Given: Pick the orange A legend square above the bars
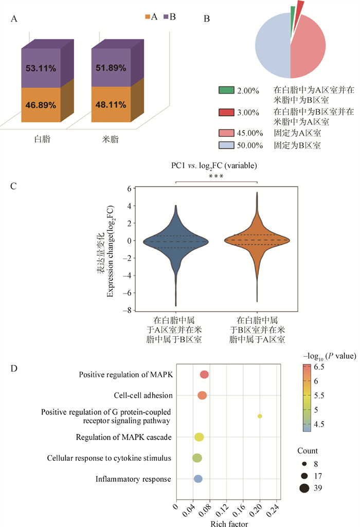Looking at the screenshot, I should [x=147, y=17].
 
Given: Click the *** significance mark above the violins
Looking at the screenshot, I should [x=216, y=177].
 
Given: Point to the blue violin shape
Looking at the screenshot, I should [x=176, y=241].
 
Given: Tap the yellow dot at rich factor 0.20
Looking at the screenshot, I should [x=260, y=416].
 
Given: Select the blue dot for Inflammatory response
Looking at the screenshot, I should [x=198, y=479].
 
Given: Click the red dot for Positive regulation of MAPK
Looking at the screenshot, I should [x=204, y=374].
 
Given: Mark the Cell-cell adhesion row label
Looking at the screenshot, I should [x=143, y=395].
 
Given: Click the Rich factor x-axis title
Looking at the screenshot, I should [x=229, y=523].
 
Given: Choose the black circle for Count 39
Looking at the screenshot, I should [x=304, y=488].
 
